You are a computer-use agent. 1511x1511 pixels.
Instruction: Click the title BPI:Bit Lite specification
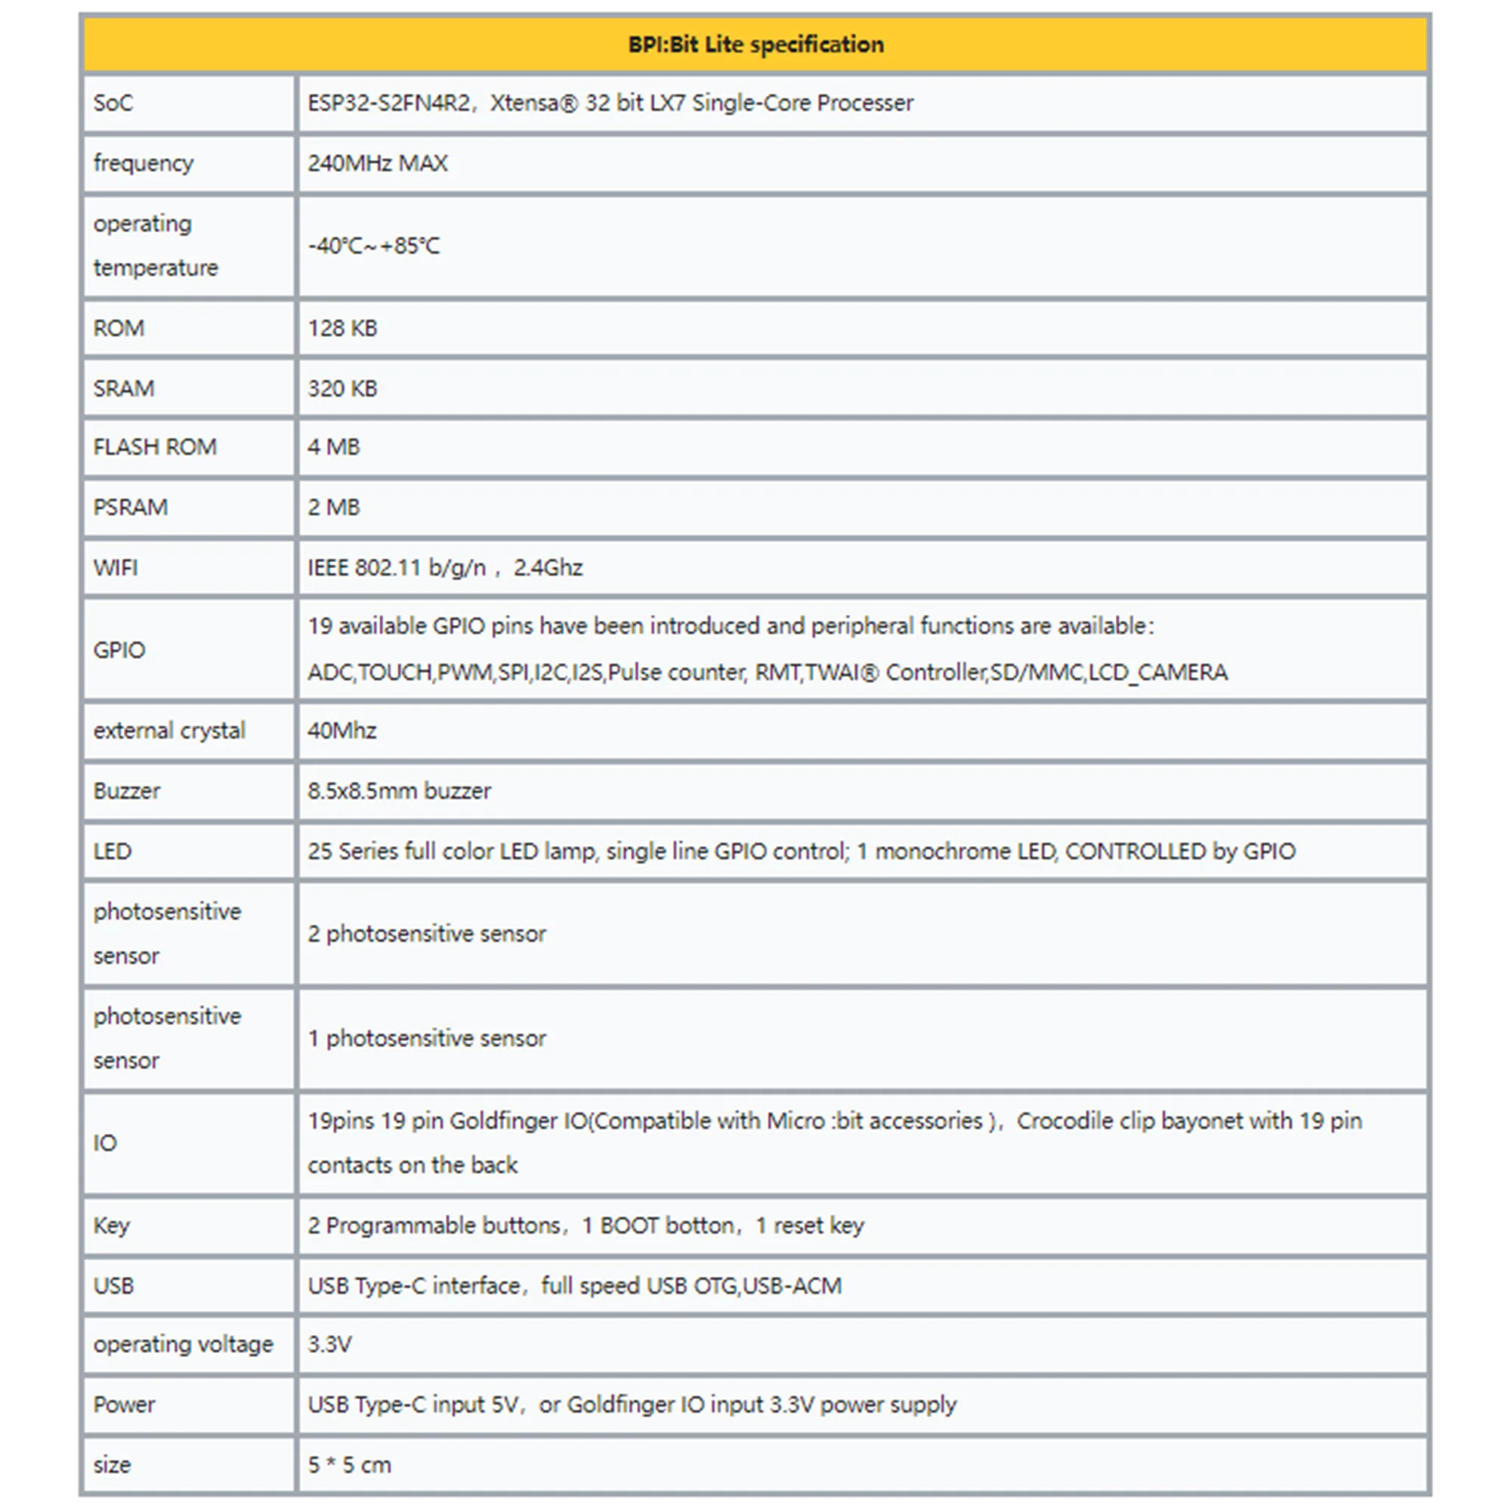point(755,45)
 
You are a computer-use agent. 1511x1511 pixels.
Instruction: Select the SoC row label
point(113,104)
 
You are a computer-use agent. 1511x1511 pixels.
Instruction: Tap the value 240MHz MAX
point(378,163)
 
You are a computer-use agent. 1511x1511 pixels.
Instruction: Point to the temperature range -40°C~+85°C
point(374,246)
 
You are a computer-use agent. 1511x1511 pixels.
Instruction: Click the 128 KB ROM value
point(342,329)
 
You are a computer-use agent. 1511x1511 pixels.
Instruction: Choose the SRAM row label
point(124,388)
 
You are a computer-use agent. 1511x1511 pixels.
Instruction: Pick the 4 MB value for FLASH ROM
point(334,447)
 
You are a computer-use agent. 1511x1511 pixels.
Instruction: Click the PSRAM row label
point(131,508)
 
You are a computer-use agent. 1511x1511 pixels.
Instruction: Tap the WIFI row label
point(116,568)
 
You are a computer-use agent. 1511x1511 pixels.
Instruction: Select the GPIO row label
point(119,650)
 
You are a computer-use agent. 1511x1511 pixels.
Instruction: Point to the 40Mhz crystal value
point(341,731)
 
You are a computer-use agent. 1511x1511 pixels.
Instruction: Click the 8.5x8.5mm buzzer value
point(399,792)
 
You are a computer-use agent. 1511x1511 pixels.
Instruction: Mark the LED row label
point(113,851)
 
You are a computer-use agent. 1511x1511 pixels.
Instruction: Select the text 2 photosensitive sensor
point(426,934)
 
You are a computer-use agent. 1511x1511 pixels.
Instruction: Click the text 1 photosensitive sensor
point(426,1039)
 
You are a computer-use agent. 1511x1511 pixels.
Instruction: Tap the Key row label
point(111,1225)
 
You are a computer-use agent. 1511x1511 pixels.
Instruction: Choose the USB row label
point(114,1286)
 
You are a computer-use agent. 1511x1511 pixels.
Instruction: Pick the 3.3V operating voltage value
point(329,1345)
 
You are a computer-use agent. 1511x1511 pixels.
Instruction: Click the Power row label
point(125,1404)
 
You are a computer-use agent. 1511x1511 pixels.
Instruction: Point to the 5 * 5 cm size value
point(349,1465)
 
